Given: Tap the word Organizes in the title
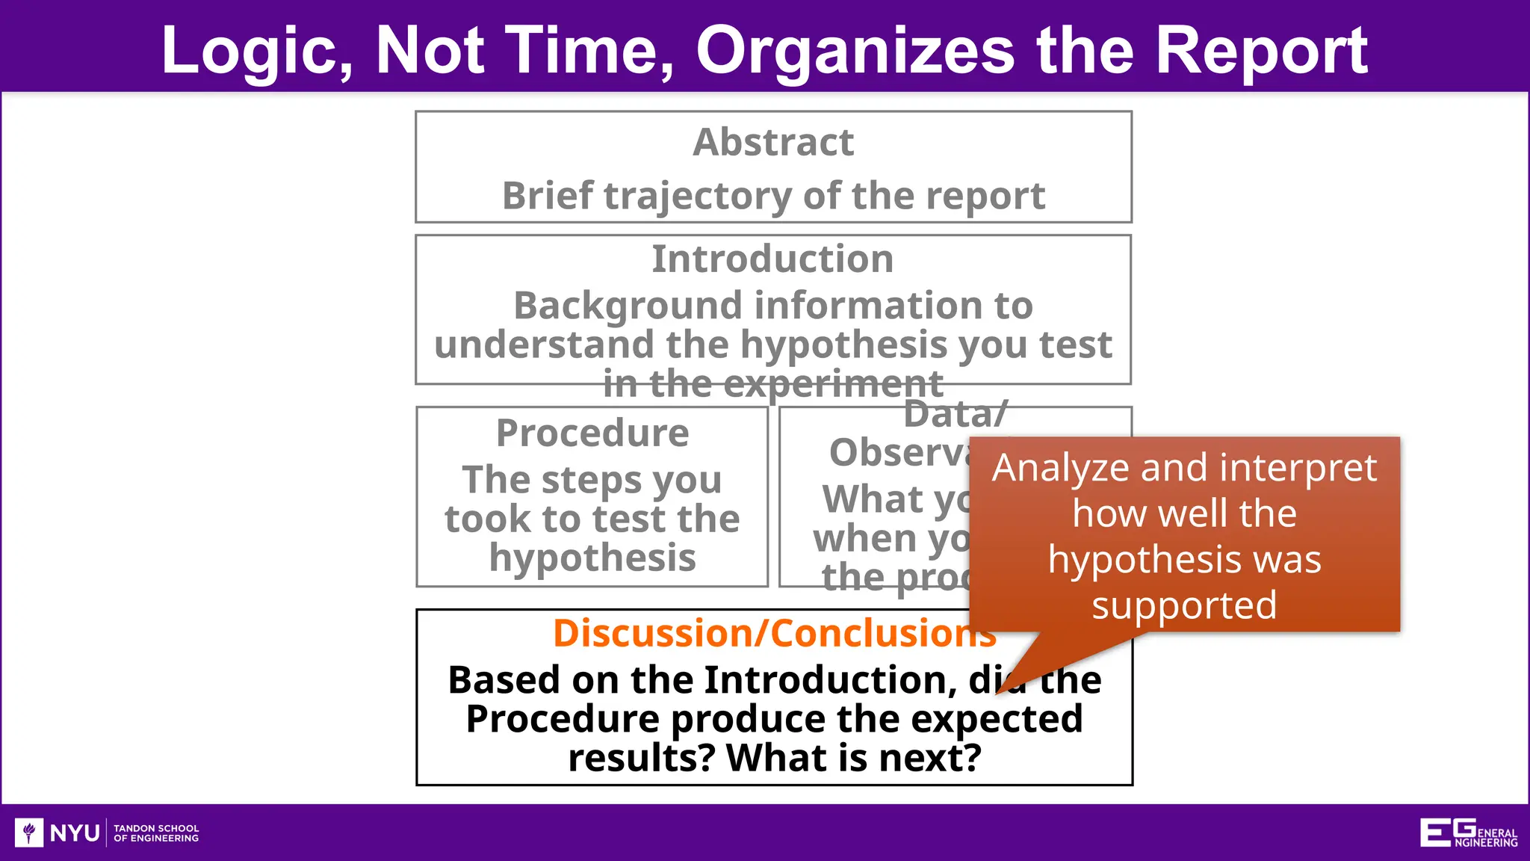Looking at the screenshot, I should [854, 51].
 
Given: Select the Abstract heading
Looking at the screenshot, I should [773, 142].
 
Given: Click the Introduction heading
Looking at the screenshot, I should [772, 259].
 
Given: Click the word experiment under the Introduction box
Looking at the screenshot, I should [833, 384].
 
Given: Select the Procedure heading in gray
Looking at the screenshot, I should [592, 433].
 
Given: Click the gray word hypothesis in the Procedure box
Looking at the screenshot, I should [592, 558].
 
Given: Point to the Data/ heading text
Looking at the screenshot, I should [955, 414].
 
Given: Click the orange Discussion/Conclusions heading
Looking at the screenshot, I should [774, 633].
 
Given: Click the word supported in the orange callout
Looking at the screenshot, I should [1184, 605].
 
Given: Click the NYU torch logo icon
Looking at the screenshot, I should [29, 832].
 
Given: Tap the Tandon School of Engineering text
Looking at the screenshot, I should [156, 833].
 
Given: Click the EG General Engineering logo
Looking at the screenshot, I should [1467, 833].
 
